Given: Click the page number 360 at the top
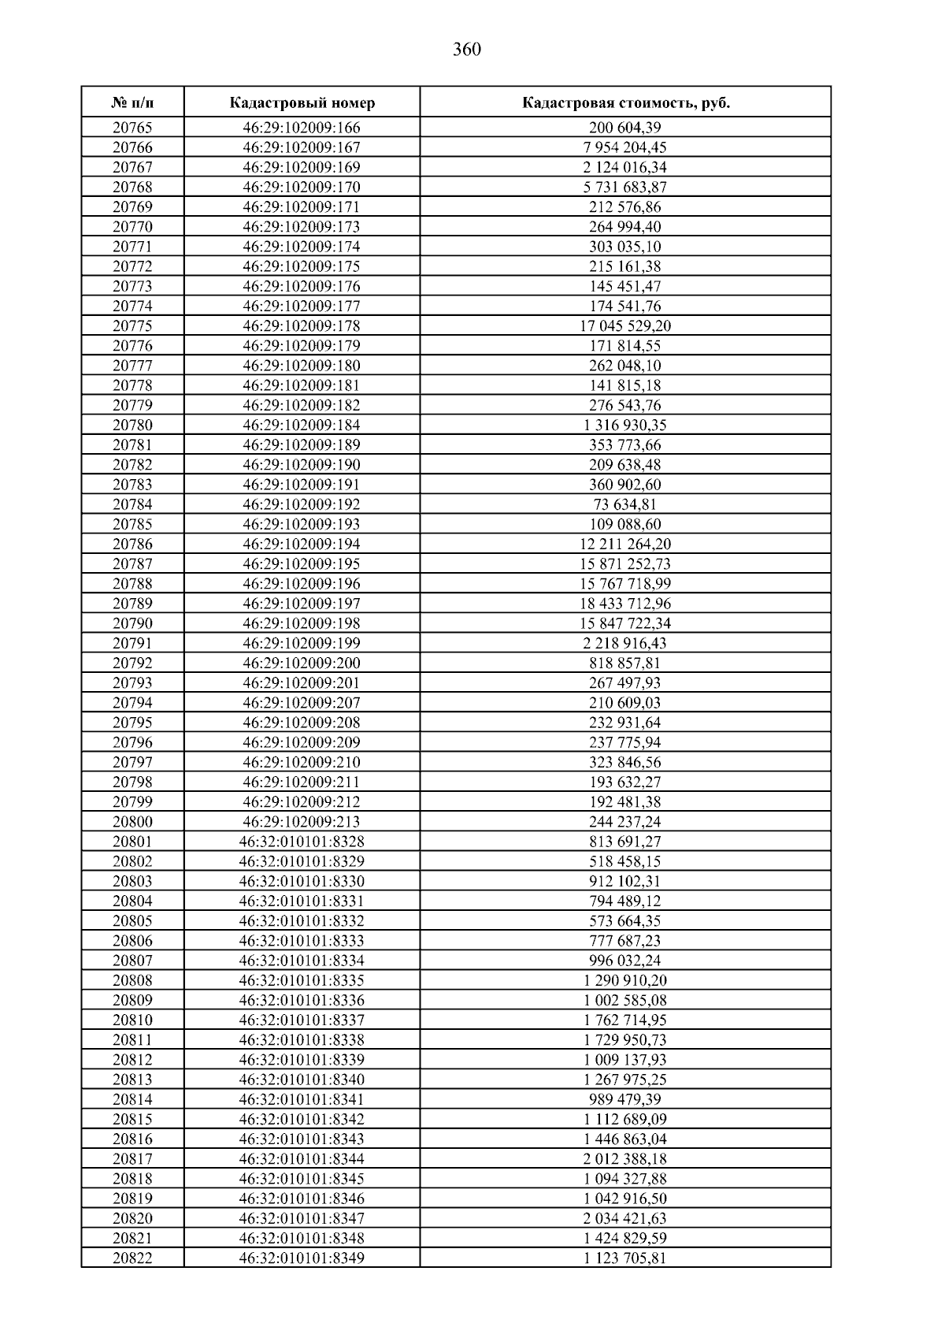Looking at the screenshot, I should coord(467,50).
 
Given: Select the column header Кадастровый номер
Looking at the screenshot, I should coord(302,102).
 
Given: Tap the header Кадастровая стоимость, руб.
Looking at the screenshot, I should coord(625,102).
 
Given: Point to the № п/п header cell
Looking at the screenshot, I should coord(132,102).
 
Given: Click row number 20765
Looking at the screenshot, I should coord(132,128).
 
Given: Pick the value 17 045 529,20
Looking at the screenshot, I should coord(625,325).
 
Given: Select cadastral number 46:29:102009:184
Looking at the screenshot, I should coord(302,425).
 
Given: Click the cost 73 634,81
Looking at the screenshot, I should coord(625,504).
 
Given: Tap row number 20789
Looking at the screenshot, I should coord(132,604).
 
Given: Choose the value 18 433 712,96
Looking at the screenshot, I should coord(625,604).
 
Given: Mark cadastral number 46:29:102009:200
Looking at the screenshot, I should coord(302,663).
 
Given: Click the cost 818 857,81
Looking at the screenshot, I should coord(625,663).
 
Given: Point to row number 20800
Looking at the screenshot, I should coord(132,821).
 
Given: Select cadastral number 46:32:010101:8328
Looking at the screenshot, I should coord(302,842).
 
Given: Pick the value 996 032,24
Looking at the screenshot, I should coord(625,961).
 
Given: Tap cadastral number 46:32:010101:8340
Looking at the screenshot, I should coord(302,1080).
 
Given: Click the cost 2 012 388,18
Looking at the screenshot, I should coord(625,1158).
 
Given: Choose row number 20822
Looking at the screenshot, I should coord(132,1258).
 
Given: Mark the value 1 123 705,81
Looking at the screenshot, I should coord(625,1258).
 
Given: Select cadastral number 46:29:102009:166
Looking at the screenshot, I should coord(302,128).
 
